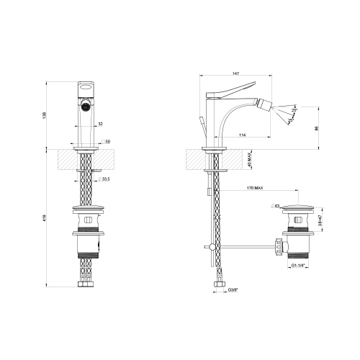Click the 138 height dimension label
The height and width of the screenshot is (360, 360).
coord(44,115)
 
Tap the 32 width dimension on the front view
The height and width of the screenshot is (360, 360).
coord(100,123)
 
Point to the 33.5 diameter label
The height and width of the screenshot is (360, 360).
coord(107,179)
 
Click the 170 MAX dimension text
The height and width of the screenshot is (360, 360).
coord(255,189)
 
